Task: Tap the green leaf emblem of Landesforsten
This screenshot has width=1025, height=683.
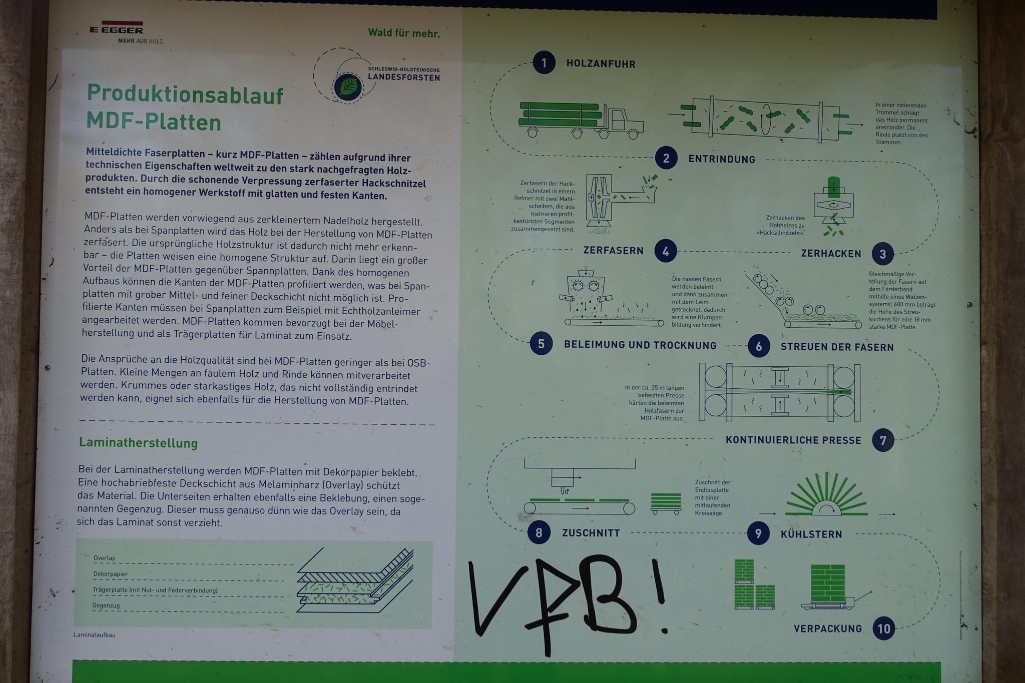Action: point(348,87)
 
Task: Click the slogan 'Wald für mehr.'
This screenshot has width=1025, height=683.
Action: point(404,33)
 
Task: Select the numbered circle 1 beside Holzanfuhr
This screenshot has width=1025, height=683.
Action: point(544,63)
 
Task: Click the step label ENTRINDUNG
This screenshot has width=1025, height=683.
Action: point(722,159)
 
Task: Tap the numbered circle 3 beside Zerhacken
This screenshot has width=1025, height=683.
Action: point(883,254)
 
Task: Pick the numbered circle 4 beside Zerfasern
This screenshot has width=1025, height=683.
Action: point(666,251)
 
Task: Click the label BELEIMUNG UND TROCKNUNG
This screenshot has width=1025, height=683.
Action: point(640,345)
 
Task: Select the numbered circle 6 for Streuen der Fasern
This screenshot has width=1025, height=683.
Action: point(759,346)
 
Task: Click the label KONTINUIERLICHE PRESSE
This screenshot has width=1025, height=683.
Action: point(793,440)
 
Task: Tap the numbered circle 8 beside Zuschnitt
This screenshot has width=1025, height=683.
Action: point(539,532)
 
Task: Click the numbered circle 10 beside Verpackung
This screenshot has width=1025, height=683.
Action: point(884,628)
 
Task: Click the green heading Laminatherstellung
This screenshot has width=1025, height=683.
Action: point(138,443)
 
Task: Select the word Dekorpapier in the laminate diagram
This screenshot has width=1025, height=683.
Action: point(110,574)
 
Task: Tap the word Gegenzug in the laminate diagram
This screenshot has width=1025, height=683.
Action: point(106,605)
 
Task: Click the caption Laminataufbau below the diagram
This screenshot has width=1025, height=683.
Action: point(94,635)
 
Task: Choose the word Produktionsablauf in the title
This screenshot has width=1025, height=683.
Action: point(185,95)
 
